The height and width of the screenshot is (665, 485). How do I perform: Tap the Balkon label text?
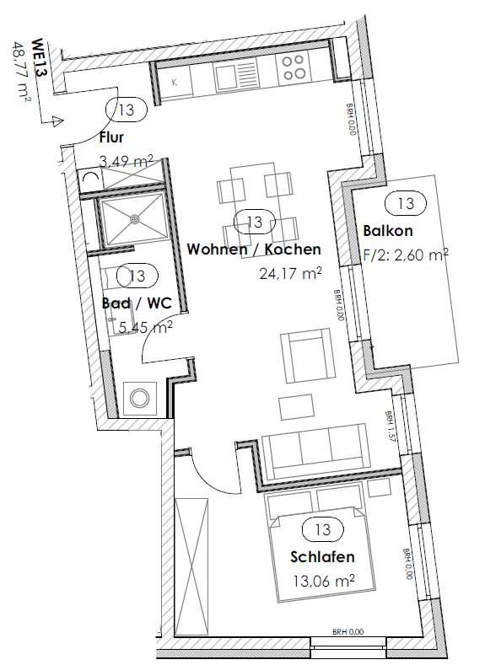387,231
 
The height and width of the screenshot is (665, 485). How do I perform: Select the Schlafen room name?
321,557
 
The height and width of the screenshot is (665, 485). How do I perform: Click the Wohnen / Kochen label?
253,249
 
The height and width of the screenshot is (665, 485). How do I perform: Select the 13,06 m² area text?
321,580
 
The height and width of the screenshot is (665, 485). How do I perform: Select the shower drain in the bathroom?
133,219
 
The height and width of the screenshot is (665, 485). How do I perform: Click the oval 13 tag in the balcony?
405,202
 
